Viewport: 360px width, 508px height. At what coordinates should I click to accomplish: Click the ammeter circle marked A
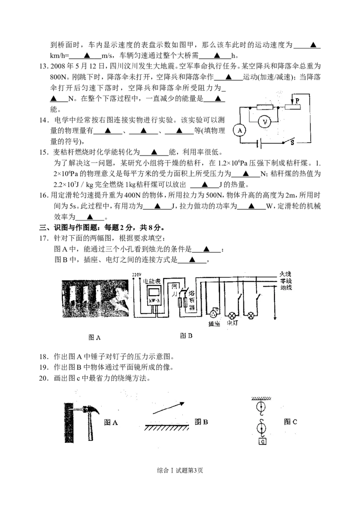click(x=240, y=130)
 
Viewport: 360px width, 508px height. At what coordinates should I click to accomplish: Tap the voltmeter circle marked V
click(x=265, y=122)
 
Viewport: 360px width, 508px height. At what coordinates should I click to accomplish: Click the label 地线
click(x=286, y=287)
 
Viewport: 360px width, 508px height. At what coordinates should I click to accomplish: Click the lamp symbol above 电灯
click(x=233, y=315)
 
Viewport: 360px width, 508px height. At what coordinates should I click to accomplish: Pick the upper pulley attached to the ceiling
click(x=261, y=407)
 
